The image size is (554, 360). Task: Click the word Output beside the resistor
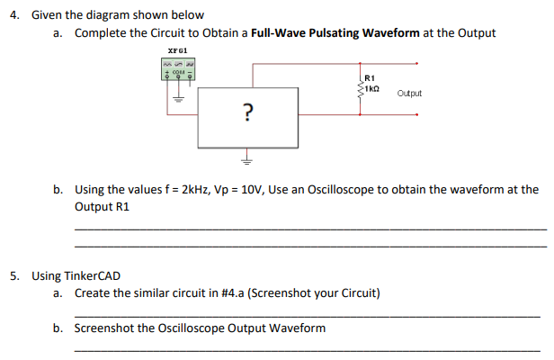tap(408, 94)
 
